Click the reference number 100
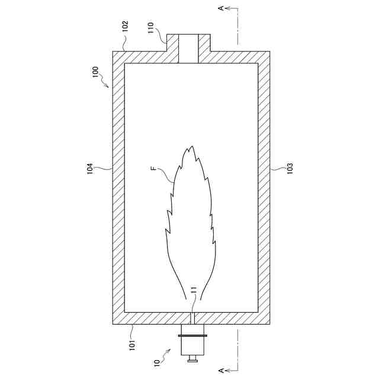pyautogui.click(x=96, y=72)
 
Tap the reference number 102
pyautogui.click(x=125, y=26)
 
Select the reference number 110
pyautogui.click(x=150, y=28)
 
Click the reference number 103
pyautogui.click(x=290, y=168)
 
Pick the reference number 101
pyautogui.click(x=132, y=345)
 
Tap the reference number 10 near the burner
pyautogui.click(x=157, y=363)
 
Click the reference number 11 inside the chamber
pyautogui.click(x=195, y=290)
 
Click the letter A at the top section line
pyautogui.click(x=221, y=8)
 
